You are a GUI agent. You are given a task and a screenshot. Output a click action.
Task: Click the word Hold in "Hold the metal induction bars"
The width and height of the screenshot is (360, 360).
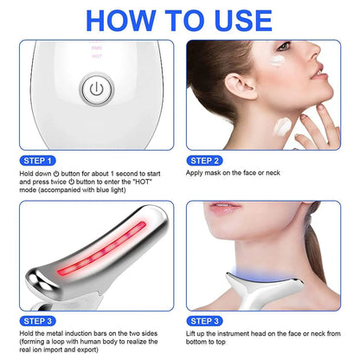coord(23,334)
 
